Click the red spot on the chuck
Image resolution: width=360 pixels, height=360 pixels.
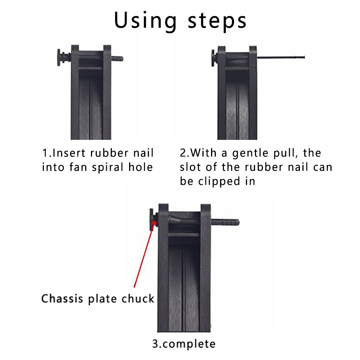[x=155, y=223]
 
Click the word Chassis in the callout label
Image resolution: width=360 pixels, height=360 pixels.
[x=61, y=299]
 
